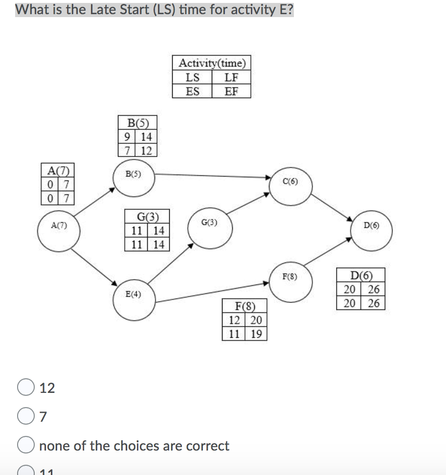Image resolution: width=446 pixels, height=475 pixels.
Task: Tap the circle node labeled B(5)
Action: (134, 178)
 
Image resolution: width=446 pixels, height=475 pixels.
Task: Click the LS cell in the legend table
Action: (193, 77)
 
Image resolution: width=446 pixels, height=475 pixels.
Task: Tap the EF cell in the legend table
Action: (231, 91)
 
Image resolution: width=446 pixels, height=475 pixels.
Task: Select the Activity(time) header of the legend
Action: (212, 63)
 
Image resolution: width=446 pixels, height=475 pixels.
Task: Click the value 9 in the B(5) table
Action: (127, 137)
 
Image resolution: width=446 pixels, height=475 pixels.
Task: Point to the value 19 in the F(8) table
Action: (256, 334)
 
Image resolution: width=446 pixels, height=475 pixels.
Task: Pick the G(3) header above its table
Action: (146, 216)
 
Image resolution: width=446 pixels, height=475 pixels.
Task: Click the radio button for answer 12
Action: (25, 388)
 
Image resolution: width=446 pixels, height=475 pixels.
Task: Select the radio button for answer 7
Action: (25, 417)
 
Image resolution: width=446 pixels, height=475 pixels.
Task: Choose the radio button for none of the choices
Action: (25, 446)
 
